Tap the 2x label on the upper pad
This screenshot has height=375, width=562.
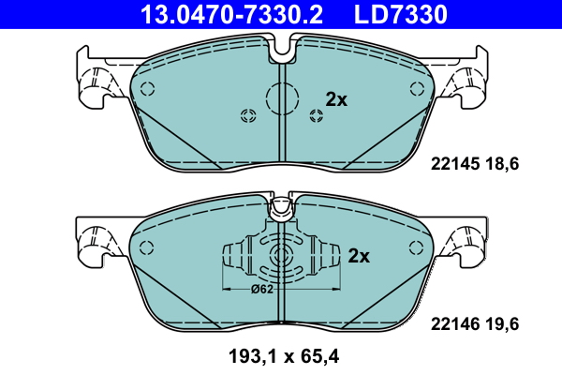pyautogui.click(x=335, y=99)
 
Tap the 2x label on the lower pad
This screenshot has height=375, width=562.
pyautogui.click(x=360, y=255)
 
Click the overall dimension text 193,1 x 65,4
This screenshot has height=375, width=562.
pyautogui.click(x=281, y=357)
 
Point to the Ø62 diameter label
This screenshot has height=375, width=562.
pyautogui.click(x=263, y=289)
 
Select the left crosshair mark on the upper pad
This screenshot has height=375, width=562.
pyautogui.click(x=248, y=115)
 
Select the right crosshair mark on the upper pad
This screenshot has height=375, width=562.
pyautogui.click(x=315, y=115)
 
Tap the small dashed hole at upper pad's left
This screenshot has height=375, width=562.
pyautogui.click(x=146, y=86)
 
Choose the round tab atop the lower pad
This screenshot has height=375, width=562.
pyautogui.click(x=281, y=211)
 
